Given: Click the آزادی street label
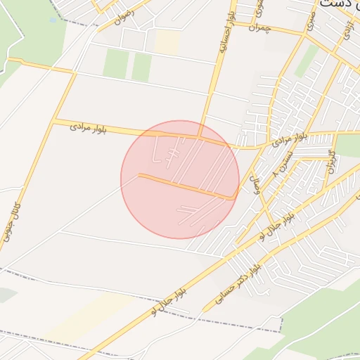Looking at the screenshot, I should pos(346,29).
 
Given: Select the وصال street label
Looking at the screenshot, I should pos(256,184).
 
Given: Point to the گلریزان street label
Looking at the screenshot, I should pos(331,162).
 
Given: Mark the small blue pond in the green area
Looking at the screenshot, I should pos(53,20).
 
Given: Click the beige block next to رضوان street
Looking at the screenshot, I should pos(167,41).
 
